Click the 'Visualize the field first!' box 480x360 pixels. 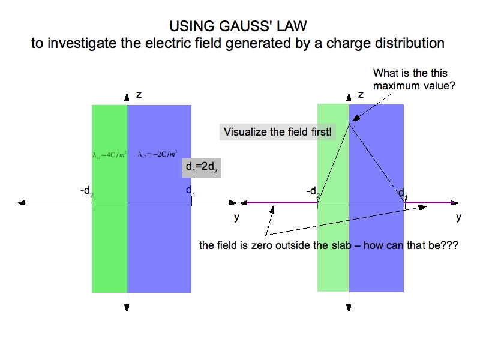click(277, 131)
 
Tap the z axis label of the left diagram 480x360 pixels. click(139, 95)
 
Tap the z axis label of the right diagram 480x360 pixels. click(361, 95)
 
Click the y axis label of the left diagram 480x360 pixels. click(236, 217)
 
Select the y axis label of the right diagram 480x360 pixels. click(458, 217)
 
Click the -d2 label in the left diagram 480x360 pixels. click(87, 191)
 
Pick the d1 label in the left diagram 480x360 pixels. click(190, 191)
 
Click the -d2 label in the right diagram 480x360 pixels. click(313, 192)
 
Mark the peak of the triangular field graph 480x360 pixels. click(350, 124)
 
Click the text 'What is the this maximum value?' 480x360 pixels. click(414, 80)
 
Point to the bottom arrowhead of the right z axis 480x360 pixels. click(349, 308)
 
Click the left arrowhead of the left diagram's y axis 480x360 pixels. click(22, 203)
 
